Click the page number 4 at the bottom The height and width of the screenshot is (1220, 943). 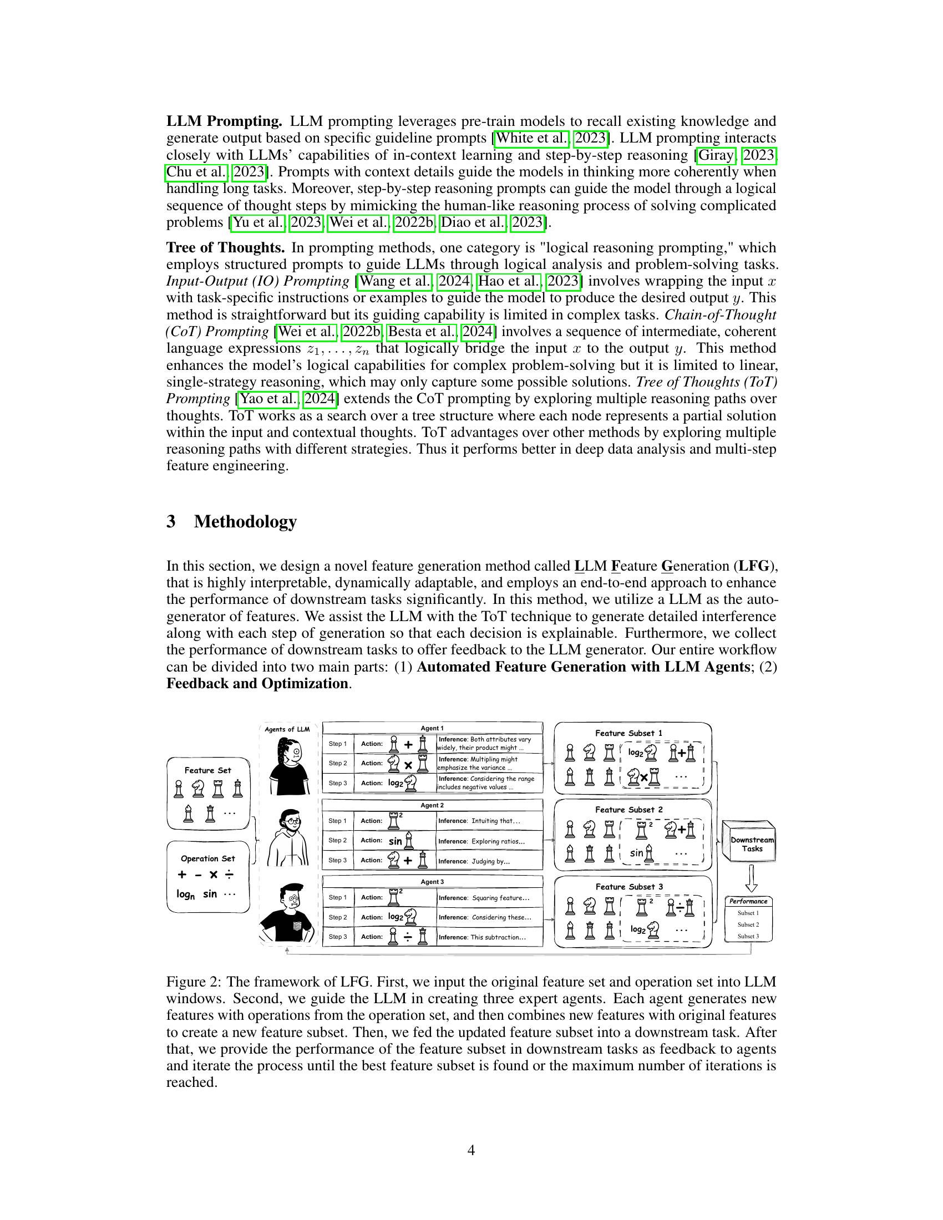[471, 1150]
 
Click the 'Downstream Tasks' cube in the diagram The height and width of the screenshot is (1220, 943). [752, 843]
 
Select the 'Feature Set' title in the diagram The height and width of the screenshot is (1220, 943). [208, 770]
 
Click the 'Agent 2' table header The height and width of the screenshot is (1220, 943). [433, 805]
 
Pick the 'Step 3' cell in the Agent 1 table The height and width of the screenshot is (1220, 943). [337, 783]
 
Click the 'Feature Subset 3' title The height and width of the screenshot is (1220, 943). [629, 887]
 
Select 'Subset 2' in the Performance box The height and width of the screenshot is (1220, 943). [748, 924]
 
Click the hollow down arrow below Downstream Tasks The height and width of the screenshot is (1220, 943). [752, 878]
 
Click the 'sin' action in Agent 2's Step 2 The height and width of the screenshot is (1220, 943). [396, 841]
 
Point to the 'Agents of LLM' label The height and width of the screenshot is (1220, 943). [287, 729]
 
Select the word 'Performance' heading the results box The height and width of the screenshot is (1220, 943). [748, 901]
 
